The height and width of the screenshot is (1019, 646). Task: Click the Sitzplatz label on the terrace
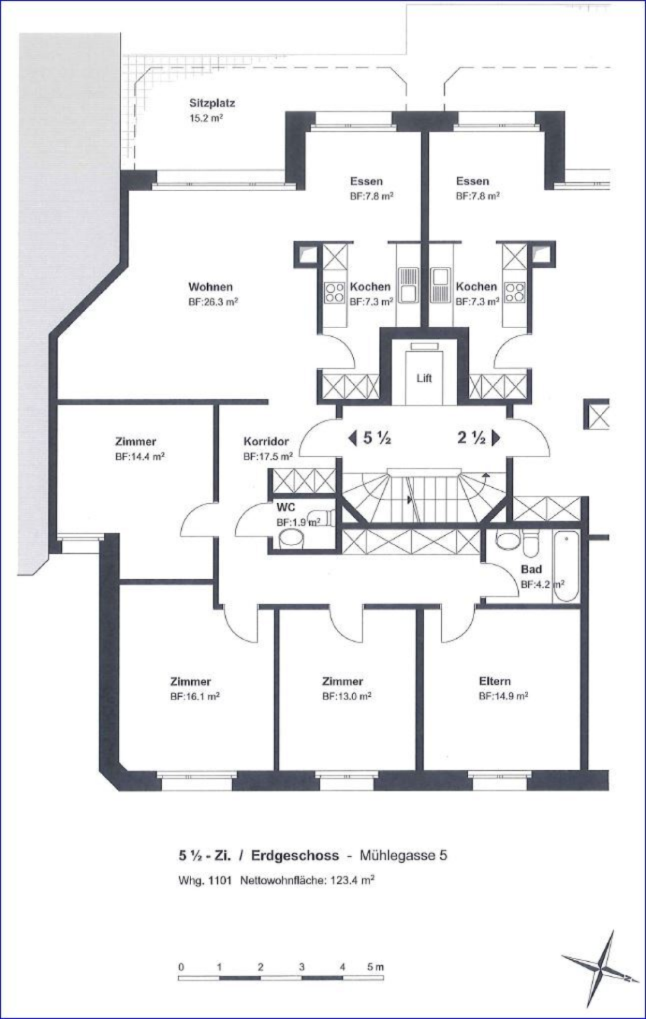[212, 103]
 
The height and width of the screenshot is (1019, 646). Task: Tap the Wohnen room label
[210, 287]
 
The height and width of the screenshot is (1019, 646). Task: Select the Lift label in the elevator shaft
[424, 378]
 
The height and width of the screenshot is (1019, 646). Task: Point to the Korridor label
[266, 441]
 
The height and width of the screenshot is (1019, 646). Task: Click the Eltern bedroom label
[495, 681]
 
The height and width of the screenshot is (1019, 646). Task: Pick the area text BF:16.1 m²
[195, 696]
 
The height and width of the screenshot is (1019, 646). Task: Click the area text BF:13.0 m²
[347, 696]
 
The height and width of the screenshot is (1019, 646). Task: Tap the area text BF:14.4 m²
[140, 457]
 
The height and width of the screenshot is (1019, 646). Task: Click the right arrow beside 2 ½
[495, 438]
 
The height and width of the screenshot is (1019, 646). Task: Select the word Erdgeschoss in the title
[295, 856]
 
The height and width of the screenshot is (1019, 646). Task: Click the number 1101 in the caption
[220, 881]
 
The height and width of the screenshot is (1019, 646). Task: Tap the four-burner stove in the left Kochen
[334, 292]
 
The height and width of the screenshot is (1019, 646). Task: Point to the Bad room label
[531, 569]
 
